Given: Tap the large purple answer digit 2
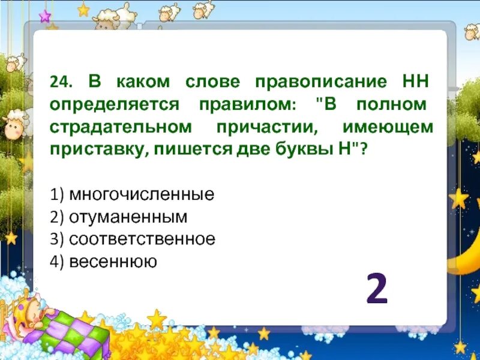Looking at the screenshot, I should pos(377,291).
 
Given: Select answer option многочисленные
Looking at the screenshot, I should pos(142,194).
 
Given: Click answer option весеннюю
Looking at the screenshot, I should pos(113,262).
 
